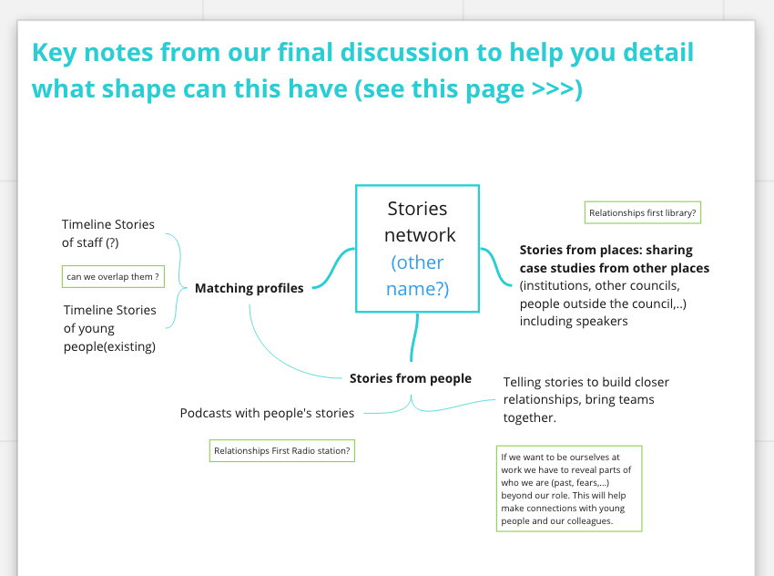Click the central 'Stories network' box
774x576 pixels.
click(x=417, y=221)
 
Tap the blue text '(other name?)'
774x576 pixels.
click(x=418, y=276)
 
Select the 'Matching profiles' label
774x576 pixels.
click(x=250, y=288)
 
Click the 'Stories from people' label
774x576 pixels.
click(x=411, y=378)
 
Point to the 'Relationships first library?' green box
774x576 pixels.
click(x=643, y=213)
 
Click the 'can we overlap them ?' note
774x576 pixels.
click(x=113, y=276)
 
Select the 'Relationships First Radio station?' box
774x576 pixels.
click(x=281, y=450)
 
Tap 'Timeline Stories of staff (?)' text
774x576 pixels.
click(x=107, y=233)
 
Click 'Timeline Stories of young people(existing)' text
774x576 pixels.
click(x=109, y=328)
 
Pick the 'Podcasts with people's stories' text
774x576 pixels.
click(x=267, y=413)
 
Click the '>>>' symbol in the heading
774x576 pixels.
click(x=554, y=90)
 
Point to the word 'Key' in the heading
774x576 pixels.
click(x=56, y=52)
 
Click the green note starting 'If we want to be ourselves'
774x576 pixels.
click(x=570, y=489)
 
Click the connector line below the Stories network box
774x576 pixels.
click(x=416, y=337)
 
